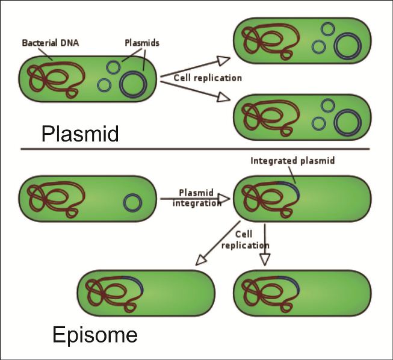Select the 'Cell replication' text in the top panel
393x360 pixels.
click(199, 78)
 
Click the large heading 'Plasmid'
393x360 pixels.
click(79, 133)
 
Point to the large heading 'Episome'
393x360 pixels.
click(94, 334)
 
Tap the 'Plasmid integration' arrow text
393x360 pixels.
click(197, 197)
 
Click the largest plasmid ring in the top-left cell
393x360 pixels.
click(134, 84)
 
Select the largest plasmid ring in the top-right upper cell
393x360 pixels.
click(345, 46)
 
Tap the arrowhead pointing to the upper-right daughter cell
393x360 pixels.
click(223, 59)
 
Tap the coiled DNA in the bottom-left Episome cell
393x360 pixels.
click(111, 293)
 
